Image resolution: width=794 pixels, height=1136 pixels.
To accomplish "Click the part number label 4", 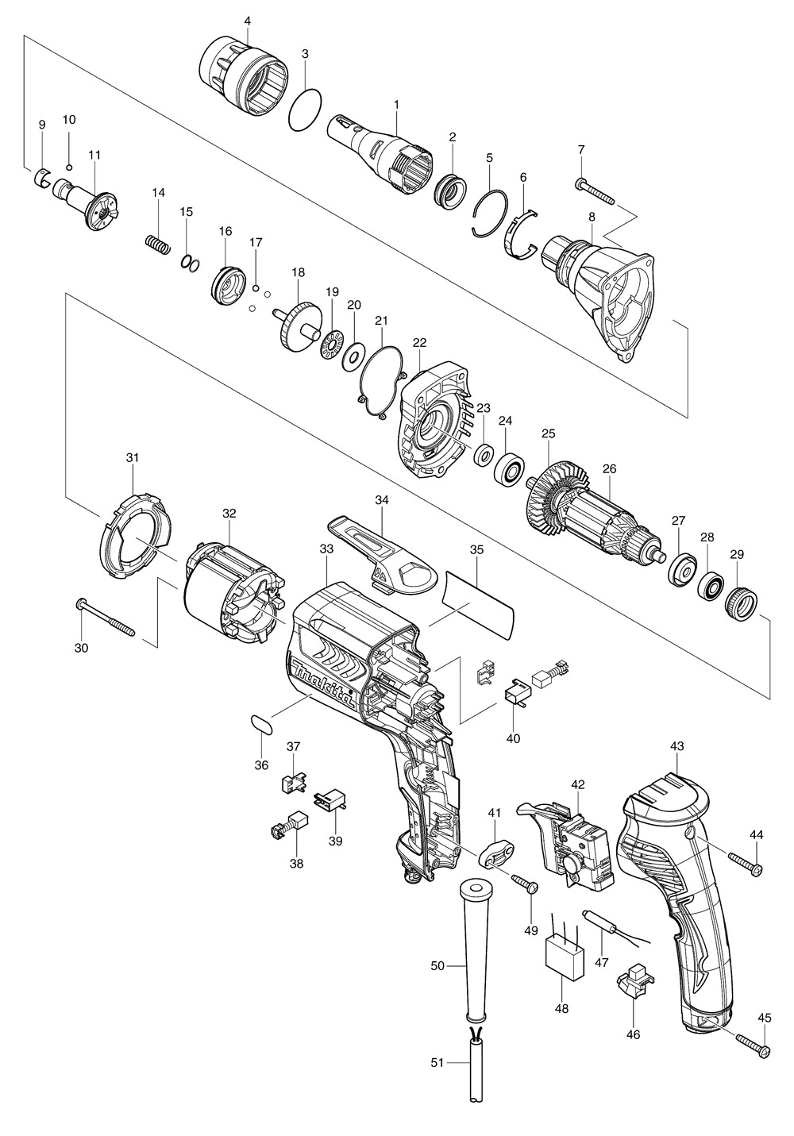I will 247,18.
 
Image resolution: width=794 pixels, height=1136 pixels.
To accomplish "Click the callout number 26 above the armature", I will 609,468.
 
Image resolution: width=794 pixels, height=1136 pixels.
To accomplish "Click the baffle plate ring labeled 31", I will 134,530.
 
